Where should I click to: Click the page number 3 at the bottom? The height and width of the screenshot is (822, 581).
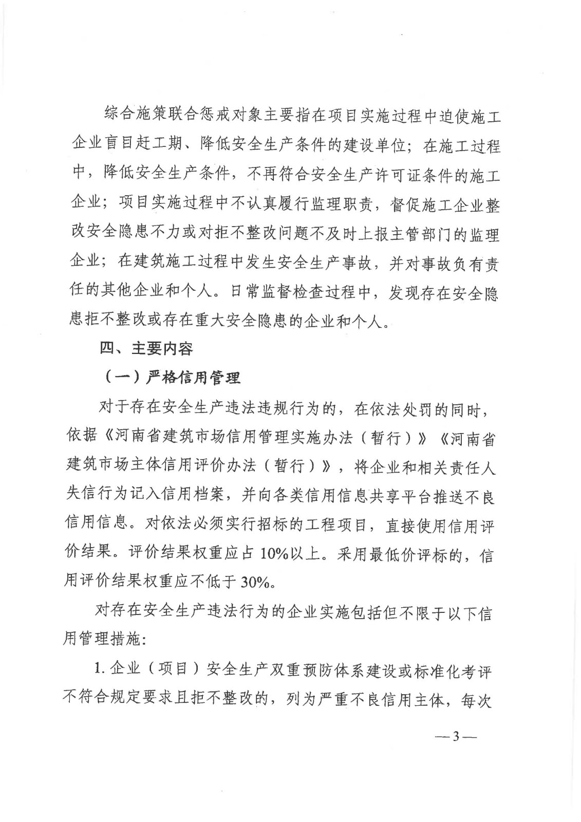click(455, 736)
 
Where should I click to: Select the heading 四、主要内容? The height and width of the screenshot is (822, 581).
click(147, 349)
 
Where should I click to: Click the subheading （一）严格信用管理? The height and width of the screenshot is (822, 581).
click(173, 378)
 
